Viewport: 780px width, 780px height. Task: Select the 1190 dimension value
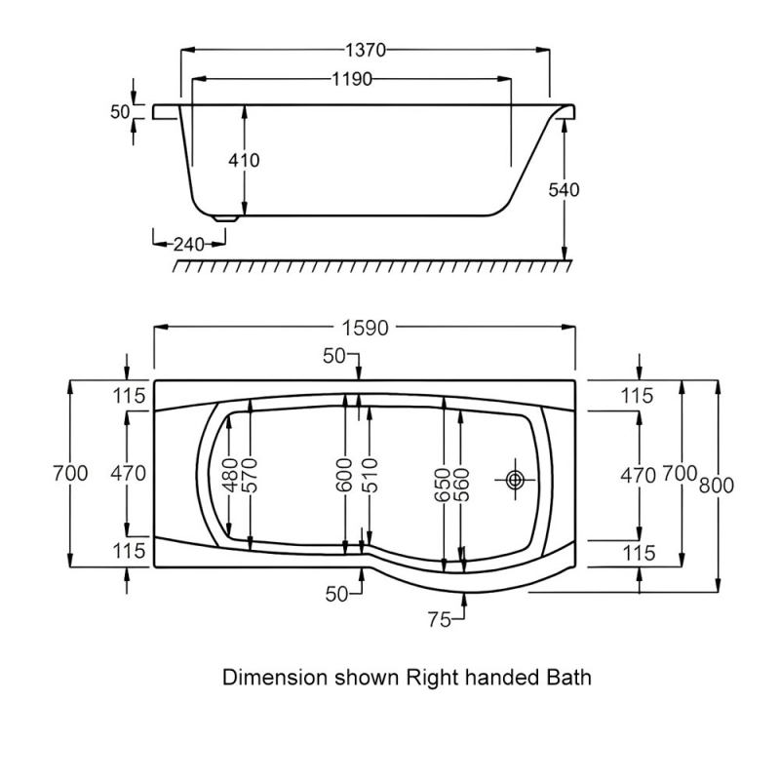coord(351,80)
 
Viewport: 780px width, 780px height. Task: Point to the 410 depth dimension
coord(245,160)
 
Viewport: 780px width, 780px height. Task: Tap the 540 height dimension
coord(564,189)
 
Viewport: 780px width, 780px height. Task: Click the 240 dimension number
coord(188,244)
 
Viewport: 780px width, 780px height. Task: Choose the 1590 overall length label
coord(366,329)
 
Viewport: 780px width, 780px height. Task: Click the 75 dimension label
coord(439,618)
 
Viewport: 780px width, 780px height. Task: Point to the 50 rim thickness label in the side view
coord(120,112)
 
